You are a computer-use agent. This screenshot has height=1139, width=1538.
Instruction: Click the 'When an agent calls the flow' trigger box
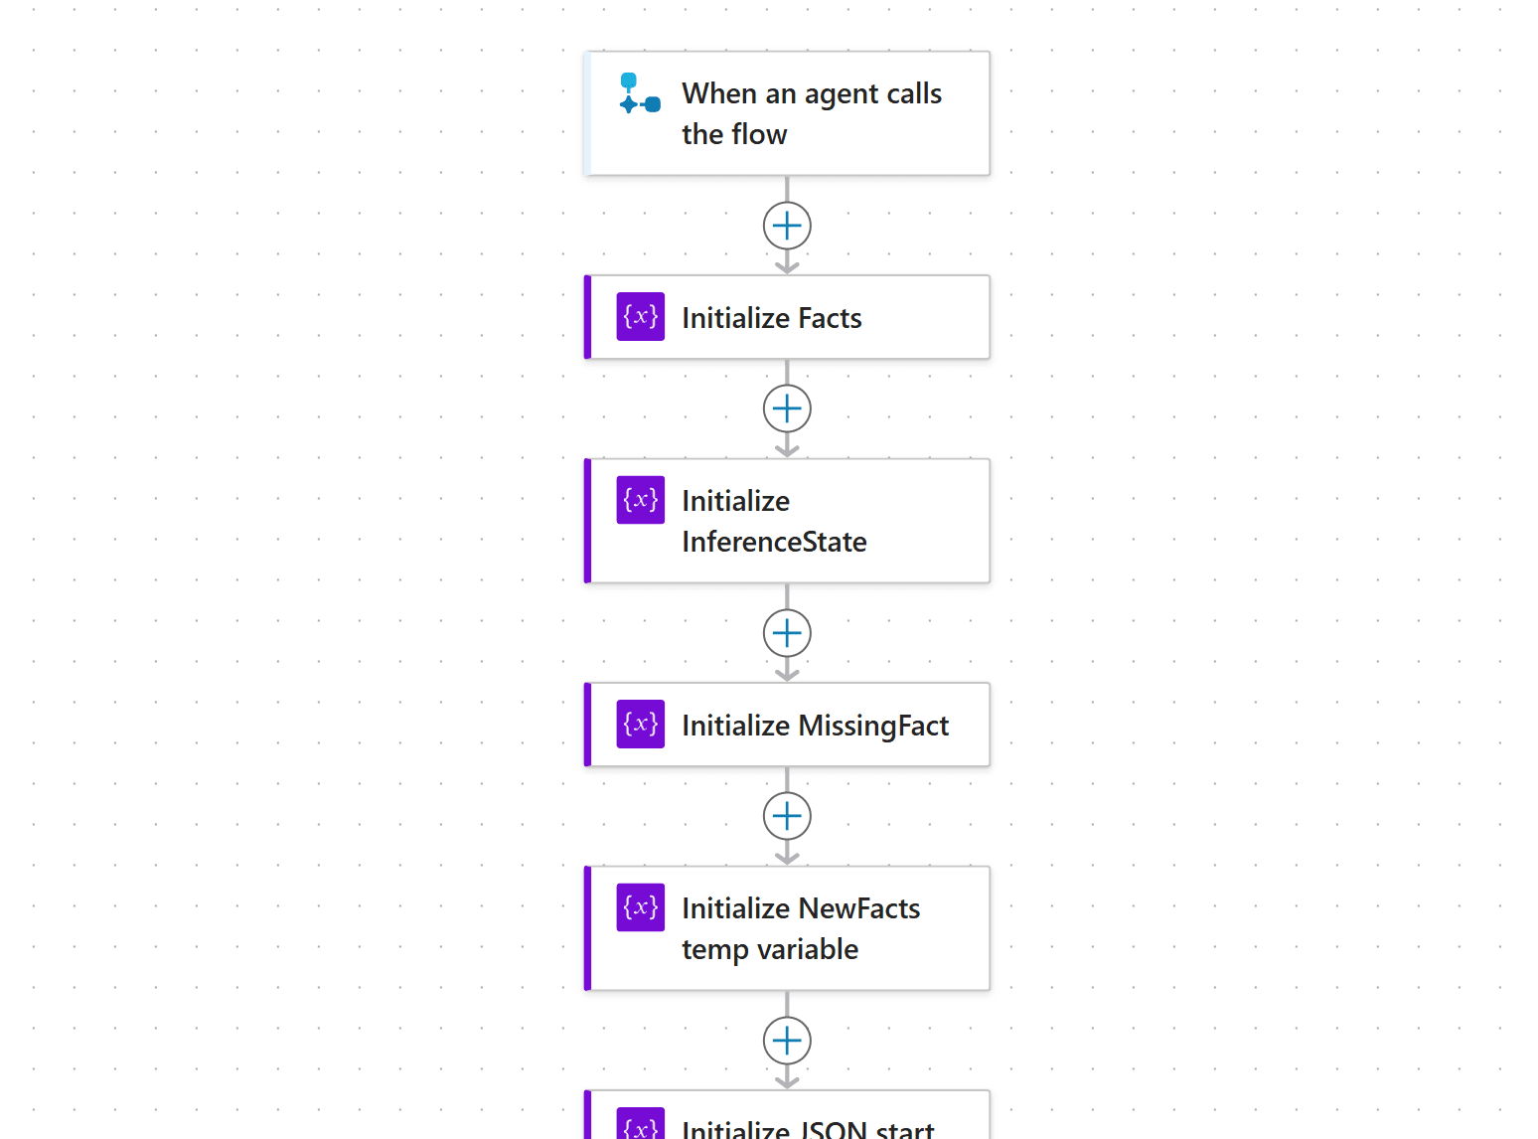pos(787,113)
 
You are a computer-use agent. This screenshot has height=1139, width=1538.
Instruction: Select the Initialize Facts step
pos(787,317)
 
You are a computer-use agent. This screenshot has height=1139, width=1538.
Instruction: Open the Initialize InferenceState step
pos(787,520)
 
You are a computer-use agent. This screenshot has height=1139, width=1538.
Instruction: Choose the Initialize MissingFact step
pos(787,725)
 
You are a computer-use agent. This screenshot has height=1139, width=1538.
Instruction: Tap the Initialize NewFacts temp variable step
pos(787,928)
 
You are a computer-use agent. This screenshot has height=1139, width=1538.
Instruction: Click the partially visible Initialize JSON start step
pos(787,1115)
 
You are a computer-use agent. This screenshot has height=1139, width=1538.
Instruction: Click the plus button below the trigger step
pos(787,226)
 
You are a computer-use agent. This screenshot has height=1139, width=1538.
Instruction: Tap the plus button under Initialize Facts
pos(787,408)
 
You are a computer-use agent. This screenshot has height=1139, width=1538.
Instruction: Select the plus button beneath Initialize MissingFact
pos(787,816)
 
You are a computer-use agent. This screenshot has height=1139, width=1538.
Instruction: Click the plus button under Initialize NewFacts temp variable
pos(787,1041)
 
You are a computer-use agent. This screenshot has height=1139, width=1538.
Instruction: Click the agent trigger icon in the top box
pos(640,93)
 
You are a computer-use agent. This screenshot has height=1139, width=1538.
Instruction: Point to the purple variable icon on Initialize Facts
pos(640,316)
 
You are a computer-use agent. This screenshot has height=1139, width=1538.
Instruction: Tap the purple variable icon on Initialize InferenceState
pos(640,500)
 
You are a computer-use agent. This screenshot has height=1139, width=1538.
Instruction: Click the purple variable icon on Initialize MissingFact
pos(640,724)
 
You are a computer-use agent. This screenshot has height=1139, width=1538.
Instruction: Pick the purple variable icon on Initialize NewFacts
pos(640,906)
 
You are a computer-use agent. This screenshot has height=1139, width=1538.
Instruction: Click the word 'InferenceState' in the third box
pos(775,542)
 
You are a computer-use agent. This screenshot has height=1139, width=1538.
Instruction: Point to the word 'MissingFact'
pos(873,727)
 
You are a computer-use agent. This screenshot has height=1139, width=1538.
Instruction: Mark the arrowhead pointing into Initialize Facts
pos(787,267)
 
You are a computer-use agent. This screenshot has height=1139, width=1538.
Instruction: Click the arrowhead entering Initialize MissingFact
pos(787,675)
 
